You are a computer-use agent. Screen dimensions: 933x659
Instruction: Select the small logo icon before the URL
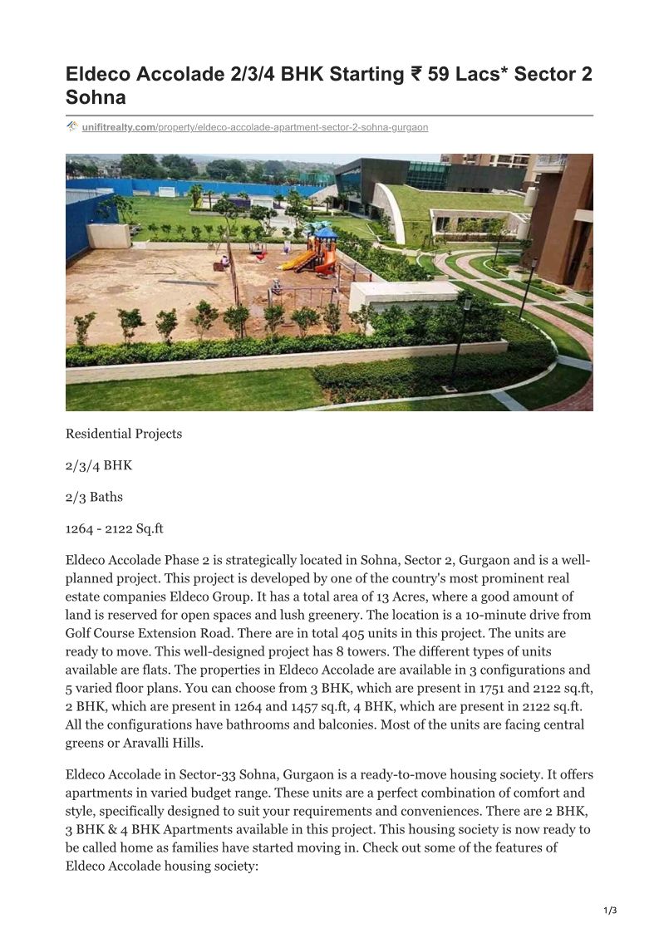click(72, 126)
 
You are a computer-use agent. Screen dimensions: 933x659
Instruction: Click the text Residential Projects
click(124, 434)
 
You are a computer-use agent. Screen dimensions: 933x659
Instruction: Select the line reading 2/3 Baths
click(94, 497)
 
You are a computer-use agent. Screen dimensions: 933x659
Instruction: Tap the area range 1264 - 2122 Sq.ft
click(115, 528)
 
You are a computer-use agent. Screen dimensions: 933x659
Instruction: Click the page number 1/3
click(610, 911)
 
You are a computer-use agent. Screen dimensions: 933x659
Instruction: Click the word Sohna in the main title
click(96, 97)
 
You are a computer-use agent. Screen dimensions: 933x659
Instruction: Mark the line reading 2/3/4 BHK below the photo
click(99, 465)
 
